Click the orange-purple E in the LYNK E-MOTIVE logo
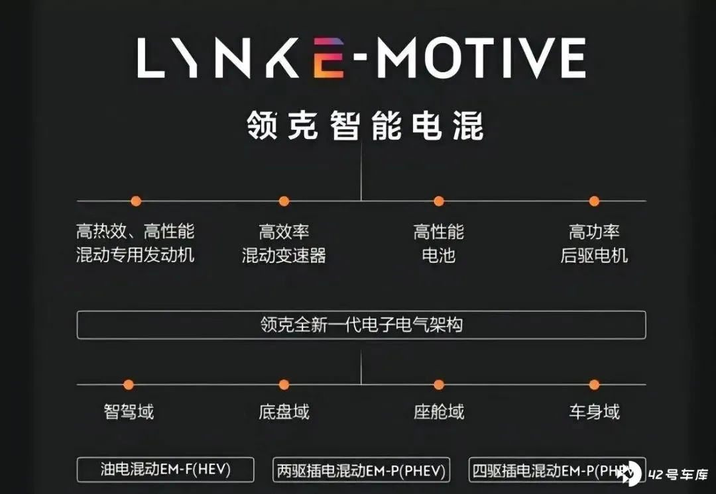pyautogui.click(x=329, y=58)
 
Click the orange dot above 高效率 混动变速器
pyautogui.click(x=284, y=201)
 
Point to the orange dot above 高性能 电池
pyautogui.click(x=438, y=201)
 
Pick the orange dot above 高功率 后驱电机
pyautogui.click(x=594, y=201)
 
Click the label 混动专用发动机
pyautogui.click(x=135, y=255)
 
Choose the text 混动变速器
pyautogui.click(x=284, y=255)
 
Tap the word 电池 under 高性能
pyautogui.click(x=438, y=255)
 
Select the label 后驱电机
pyautogui.click(x=594, y=255)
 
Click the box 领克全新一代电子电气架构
pyautogui.click(x=361, y=325)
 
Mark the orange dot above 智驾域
pyautogui.click(x=129, y=384)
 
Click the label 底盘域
pyautogui.click(x=284, y=412)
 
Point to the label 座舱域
pyautogui.click(x=438, y=412)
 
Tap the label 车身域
pyautogui.click(x=594, y=412)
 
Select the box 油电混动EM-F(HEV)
pyautogui.click(x=166, y=470)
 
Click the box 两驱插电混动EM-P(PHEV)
pyautogui.click(x=361, y=471)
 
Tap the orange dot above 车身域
pyautogui.click(x=594, y=384)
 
